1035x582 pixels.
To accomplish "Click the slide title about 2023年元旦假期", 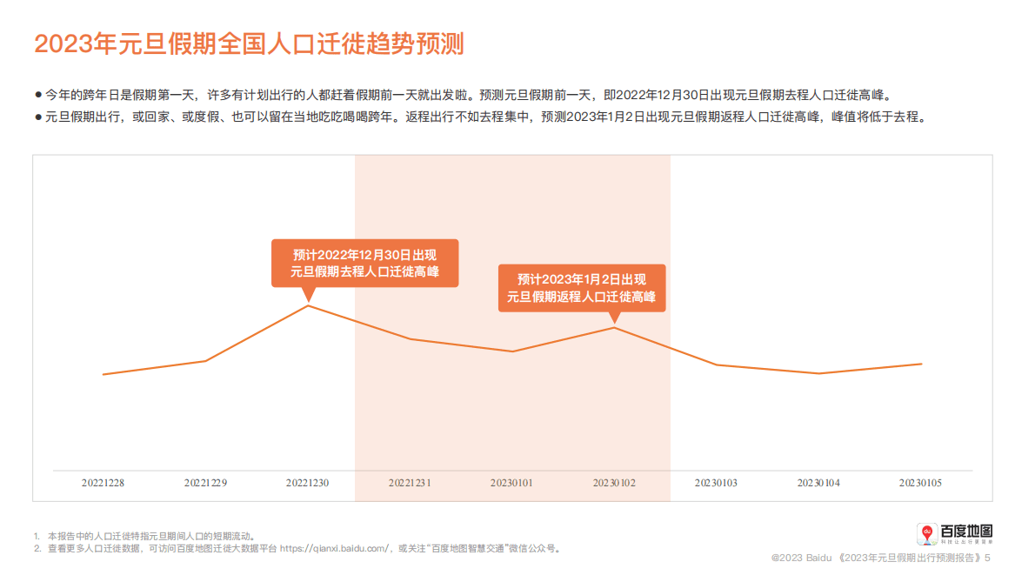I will (249, 43).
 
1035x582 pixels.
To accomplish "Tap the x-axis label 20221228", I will (103, 482).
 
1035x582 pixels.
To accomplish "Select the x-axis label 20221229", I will (205, 482).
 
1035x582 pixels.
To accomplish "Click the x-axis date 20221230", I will (308, 482).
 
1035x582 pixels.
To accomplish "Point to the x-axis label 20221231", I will (410, 482).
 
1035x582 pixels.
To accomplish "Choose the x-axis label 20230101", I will (511, 482).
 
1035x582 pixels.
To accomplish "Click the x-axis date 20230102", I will (614, 482).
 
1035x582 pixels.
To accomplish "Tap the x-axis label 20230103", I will (716, 482).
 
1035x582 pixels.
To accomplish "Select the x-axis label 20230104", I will (818, 482).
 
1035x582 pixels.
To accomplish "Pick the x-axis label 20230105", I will (920, 482).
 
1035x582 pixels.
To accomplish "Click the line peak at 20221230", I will (308, 305).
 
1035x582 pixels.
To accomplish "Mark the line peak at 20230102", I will (614, 327).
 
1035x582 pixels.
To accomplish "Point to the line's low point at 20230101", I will (512, 351).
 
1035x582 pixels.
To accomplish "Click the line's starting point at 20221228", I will (103, 374).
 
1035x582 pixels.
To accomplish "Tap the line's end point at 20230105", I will (921, 364).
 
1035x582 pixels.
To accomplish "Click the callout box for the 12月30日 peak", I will (364, 263).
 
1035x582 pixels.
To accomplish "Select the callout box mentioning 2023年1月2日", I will (581, 288).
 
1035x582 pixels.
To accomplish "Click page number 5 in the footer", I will (987, 557).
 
